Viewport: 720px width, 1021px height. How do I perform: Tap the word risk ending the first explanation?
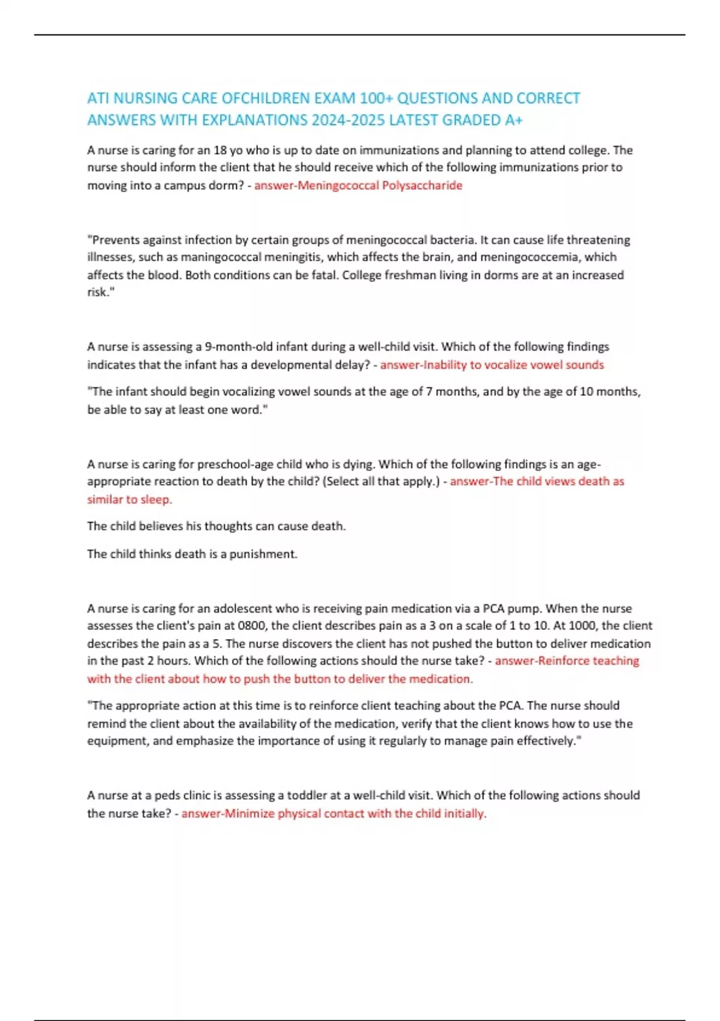pyautogui.click(x=98, y=292)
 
